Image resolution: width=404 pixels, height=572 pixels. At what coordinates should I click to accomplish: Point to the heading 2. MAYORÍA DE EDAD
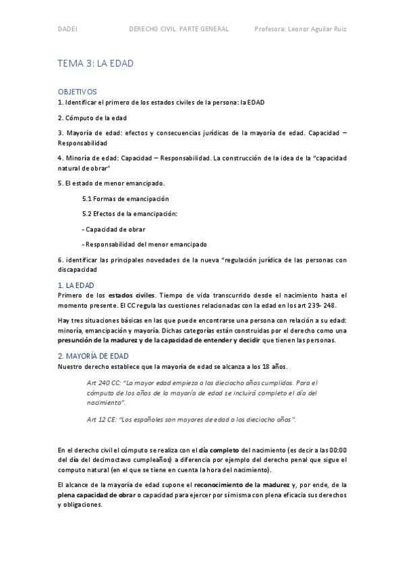tap(97, 355)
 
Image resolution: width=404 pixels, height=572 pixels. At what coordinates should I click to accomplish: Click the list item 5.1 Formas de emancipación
tap(125, 199)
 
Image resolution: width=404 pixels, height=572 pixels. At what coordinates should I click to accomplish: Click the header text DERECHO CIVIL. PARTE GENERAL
tap(179, 29)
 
